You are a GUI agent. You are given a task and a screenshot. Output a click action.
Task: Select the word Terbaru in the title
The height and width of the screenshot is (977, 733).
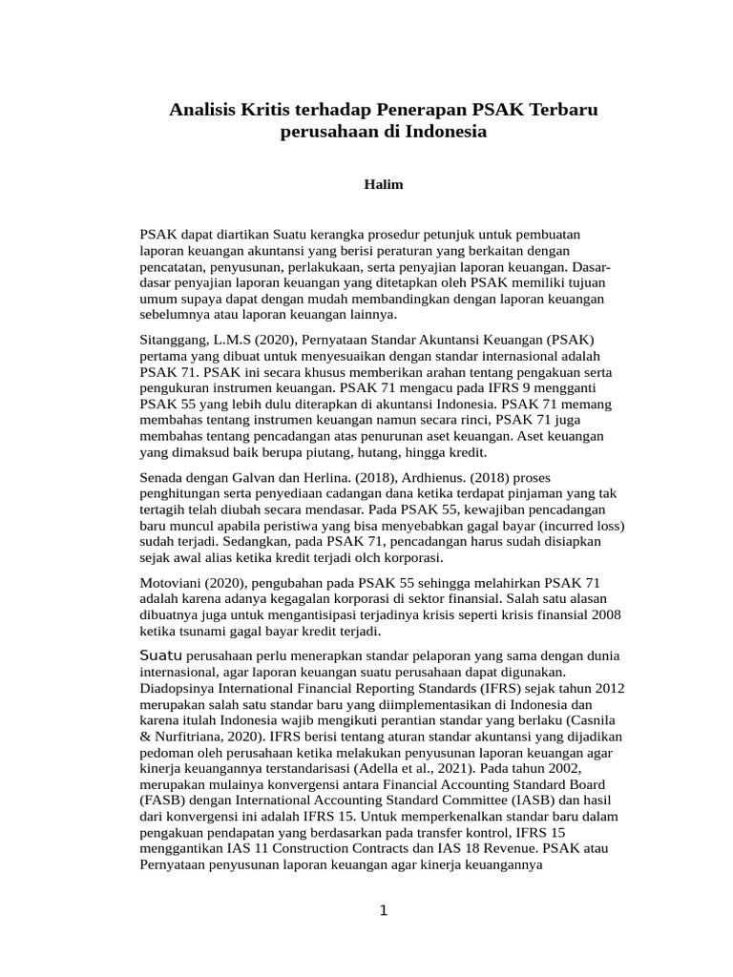[566, 111]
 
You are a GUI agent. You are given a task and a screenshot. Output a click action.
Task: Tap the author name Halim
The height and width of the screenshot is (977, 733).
[384, 184]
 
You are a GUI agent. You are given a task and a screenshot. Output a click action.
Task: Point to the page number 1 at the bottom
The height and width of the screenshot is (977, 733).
[384, 910]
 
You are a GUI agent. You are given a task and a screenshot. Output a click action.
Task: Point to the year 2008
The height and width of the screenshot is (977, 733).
[605, 614]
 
